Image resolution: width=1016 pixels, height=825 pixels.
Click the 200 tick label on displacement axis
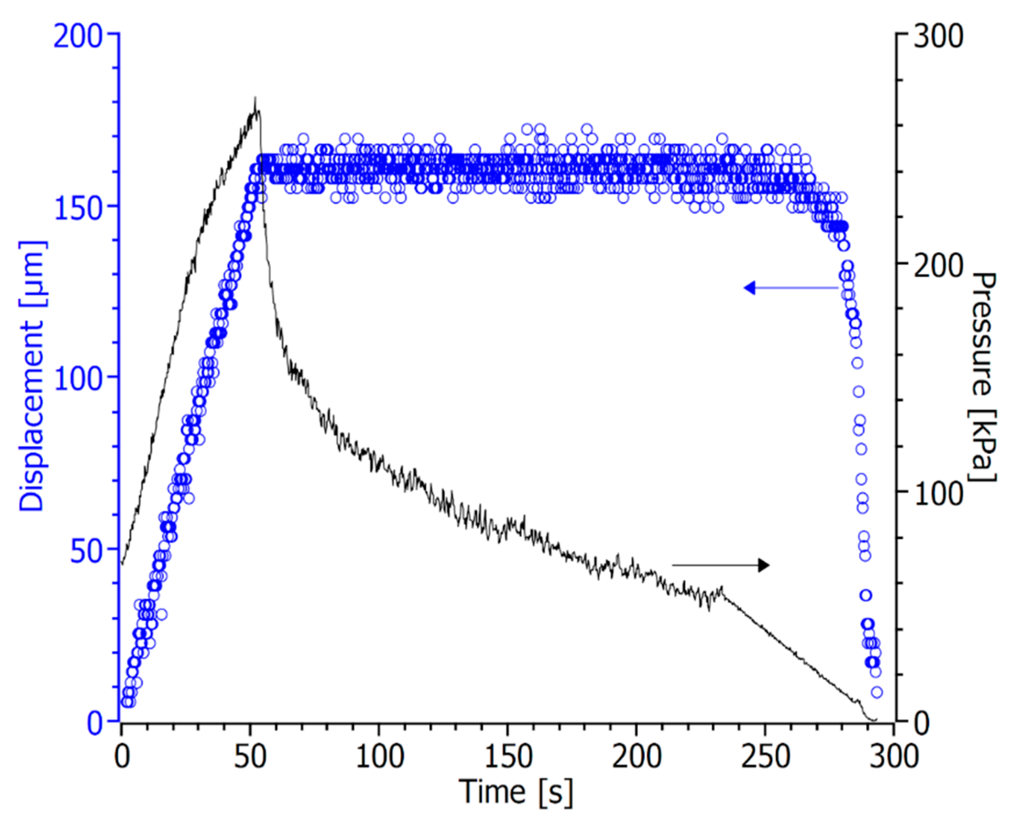(78, 36)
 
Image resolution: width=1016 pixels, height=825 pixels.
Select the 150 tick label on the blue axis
(79, 209)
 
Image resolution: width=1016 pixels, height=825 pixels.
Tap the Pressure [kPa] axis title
(982, 376)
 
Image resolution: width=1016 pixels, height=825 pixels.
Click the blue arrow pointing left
(791, 288)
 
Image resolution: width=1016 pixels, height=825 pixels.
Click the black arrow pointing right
(721, 565)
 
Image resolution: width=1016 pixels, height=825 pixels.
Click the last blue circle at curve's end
(877, 693)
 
